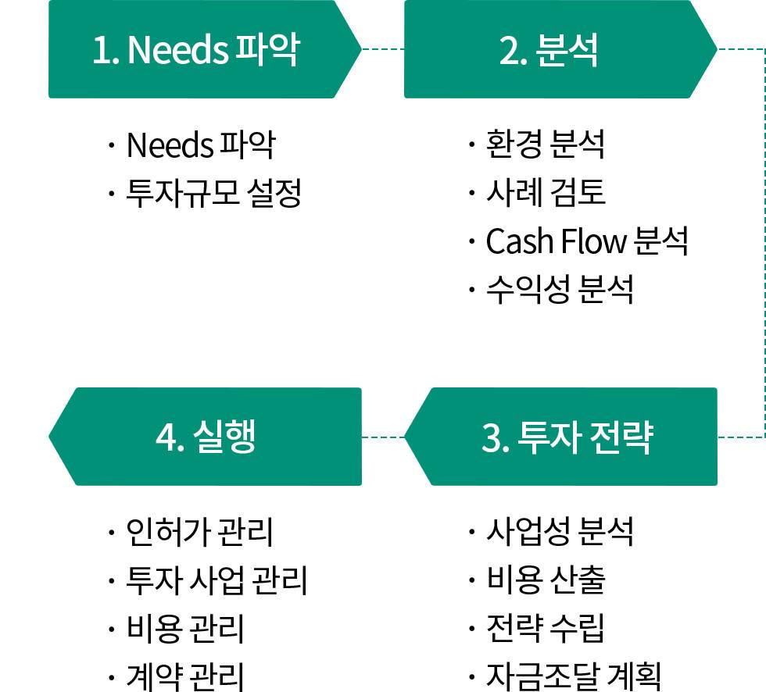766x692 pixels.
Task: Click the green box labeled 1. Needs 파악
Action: [x=195, y=49]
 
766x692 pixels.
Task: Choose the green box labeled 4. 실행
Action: [x=206, y=437]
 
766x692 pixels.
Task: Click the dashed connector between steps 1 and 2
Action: [x=383, y=49]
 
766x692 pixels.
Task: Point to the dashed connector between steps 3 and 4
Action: [x=383, y=437]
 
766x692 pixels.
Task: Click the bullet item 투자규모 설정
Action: [x=213, y=193]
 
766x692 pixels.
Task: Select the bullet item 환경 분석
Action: [x=545, y=144]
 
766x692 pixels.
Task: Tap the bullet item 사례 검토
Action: [x=545, y=193]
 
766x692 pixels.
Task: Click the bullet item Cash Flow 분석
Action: [x=586, y=241]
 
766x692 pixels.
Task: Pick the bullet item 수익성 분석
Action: [x=560, y=290]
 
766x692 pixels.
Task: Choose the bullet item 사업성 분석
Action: [x=560, y=532]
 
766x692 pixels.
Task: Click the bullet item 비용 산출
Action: [x=545, y=580]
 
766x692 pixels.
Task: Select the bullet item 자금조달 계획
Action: [x=574, y=676]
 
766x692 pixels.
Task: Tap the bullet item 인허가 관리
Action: [x=199, y=532]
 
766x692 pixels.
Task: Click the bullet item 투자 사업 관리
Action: [x=217, y=580]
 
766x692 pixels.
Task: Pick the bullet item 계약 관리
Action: [x=185, y=676]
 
